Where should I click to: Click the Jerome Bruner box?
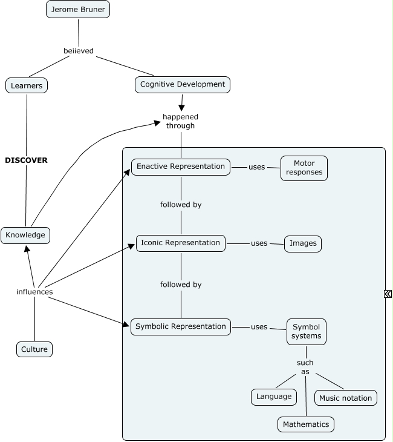[x=78, y=10]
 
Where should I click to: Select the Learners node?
[x=27, y=85]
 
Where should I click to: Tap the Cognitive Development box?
[x=183, y=84]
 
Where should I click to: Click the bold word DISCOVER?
[x=26, y=160]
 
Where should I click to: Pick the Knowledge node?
[x=25, y=235]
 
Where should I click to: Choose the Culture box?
[x=34, y=349]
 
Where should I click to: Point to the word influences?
[x=34, y=292]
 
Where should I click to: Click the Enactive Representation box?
[x=181, y=167]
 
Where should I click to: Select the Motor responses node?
[x=304, y=168]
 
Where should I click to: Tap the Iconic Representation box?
[x=181, y=243]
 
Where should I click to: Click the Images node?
[x=303, y=243]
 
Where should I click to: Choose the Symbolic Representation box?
[x=181, y=326]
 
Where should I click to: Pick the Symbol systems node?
[x=306, y=331]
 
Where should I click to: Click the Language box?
[x=274, y=397]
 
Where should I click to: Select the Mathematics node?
[x=306, y=424]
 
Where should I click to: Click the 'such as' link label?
[x=305, y=367]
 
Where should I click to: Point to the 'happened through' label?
[x=180, y=121]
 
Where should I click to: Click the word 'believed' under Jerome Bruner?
[x=79, y=51]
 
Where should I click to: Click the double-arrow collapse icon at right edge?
[x=388, y=294]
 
